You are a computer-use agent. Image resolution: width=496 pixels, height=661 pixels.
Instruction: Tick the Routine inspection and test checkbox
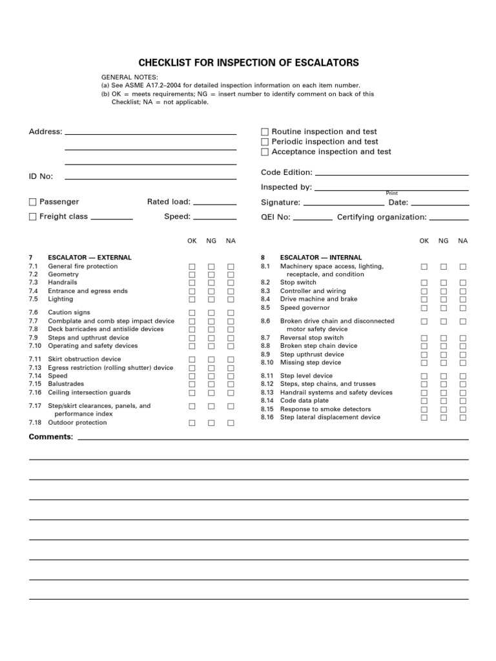(265, 132)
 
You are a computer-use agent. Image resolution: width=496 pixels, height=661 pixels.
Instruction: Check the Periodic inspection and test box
(265, 142)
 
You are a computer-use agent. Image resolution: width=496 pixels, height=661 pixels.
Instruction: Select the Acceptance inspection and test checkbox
(265, 152)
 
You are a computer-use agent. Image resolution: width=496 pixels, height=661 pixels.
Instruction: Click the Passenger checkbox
(33, 202)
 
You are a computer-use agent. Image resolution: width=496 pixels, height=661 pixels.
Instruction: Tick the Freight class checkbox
(33, 217)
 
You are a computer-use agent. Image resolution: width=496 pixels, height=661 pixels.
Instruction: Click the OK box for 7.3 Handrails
(192, 283)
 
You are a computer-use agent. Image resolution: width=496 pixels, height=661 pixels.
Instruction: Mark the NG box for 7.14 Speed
(211, 376)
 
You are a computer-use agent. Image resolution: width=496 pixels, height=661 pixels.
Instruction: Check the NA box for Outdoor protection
(231, 423)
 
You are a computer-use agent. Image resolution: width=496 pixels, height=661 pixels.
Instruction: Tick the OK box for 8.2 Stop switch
(424, 283)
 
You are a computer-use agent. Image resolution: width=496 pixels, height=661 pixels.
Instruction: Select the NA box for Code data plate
(462, 401)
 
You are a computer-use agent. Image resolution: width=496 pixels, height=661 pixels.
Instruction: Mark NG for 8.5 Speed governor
(443, 308)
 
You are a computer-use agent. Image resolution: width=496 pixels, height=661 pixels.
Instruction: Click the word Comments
(50, 437)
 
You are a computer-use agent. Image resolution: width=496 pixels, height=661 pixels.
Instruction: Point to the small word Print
(392, 193)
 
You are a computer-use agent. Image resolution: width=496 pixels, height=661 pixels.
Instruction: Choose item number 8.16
(267, 418)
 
